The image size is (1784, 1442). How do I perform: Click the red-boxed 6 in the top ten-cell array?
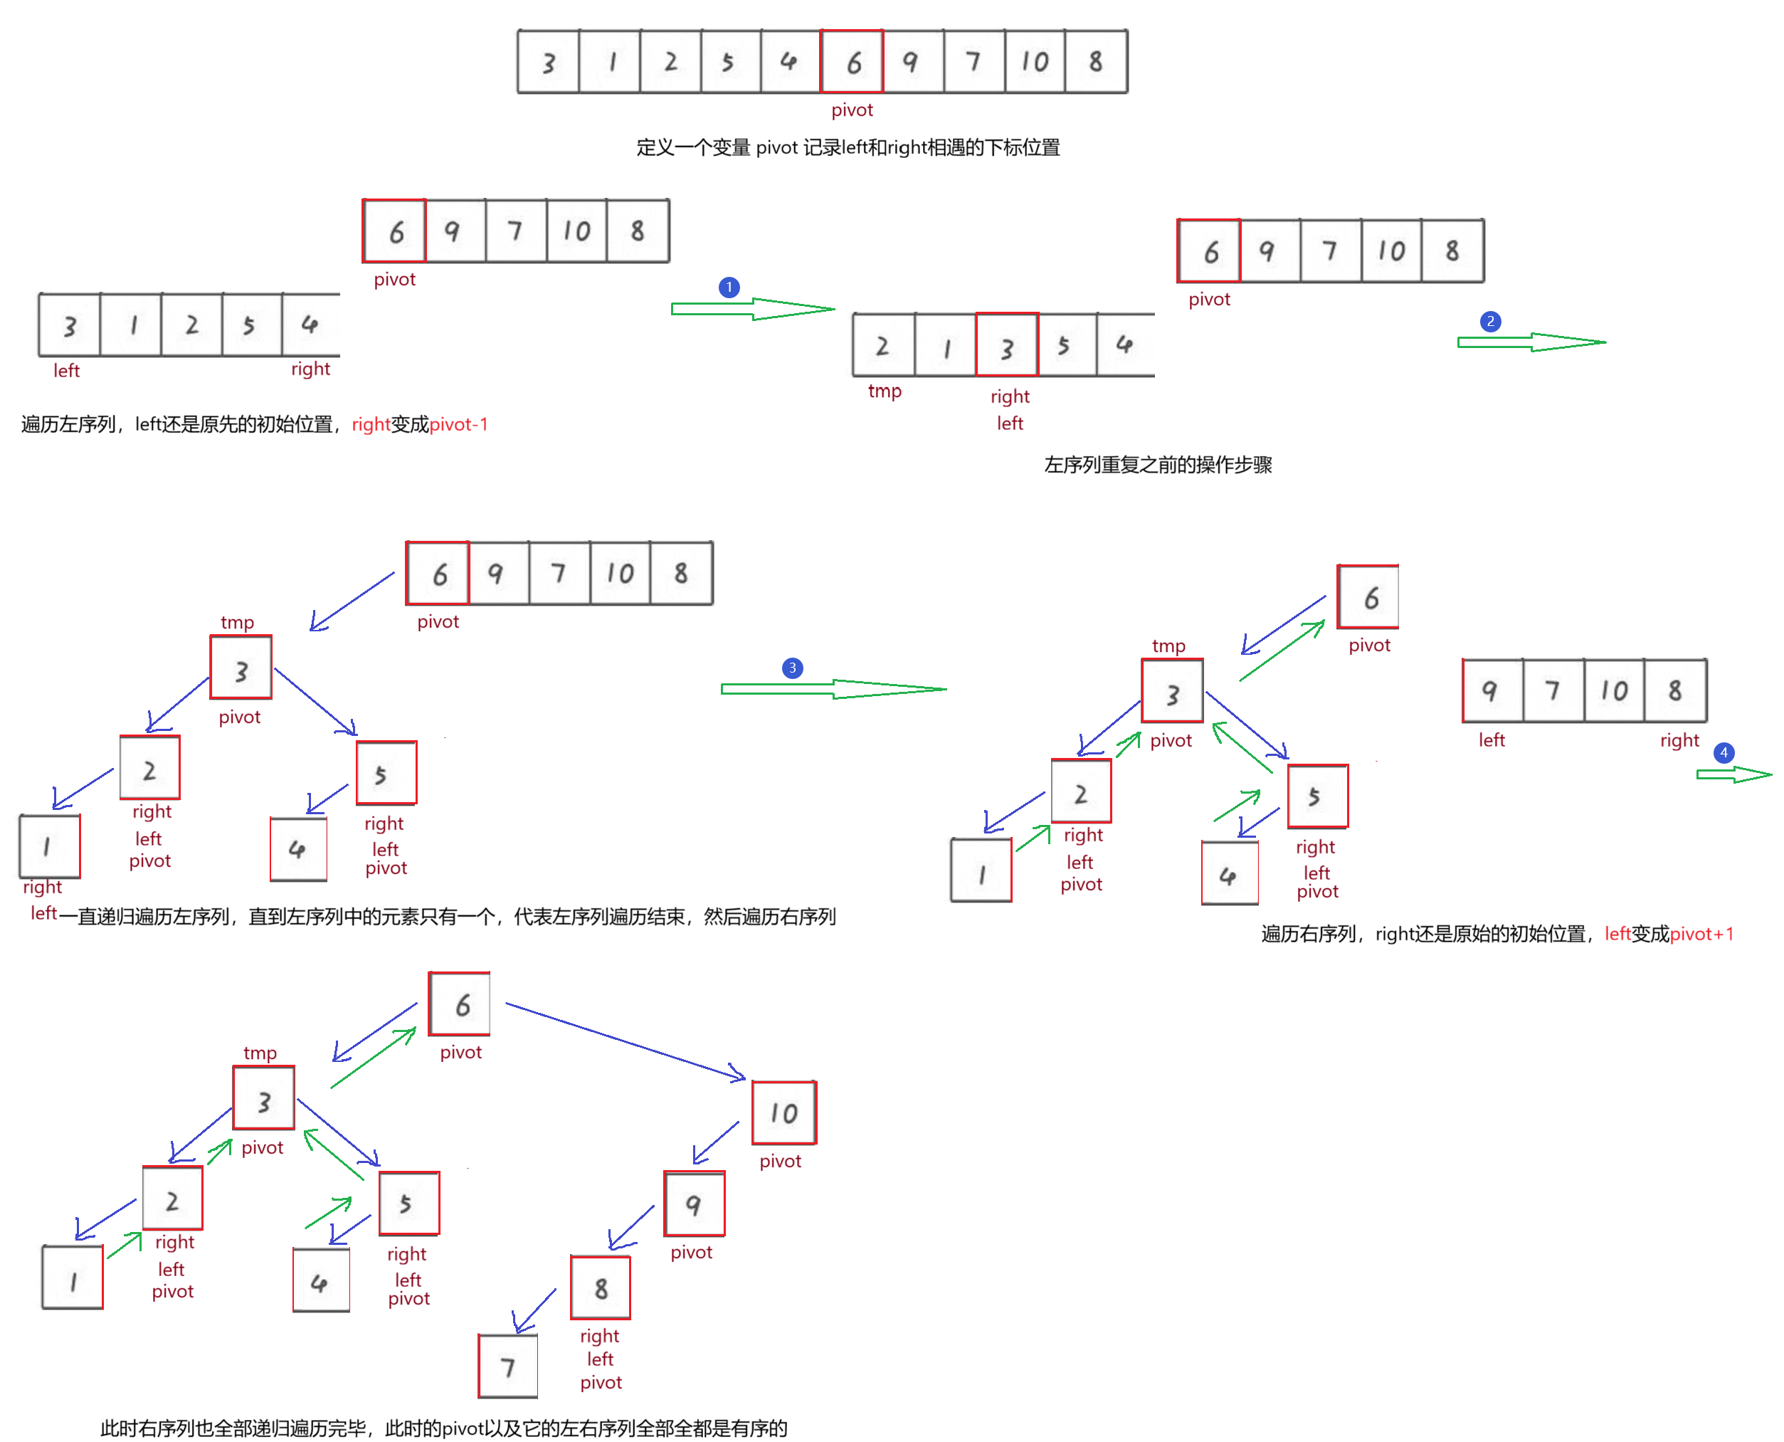tap(851, 61)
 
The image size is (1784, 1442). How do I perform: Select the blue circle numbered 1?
tap(729, 288)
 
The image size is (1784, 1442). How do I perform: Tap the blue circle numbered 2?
tap(1490, 322)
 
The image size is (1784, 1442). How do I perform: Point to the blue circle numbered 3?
tap(792, 668)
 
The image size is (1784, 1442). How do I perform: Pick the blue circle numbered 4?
tap(1724, 752)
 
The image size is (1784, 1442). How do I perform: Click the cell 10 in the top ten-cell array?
tap(1034, 61)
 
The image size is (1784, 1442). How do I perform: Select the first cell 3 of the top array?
tap(548, 61)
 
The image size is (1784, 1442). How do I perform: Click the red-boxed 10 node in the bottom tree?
tap(783, 1112)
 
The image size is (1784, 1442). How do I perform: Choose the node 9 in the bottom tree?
tap(694, 1204)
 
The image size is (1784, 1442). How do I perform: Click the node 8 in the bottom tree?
tap(601, 1288)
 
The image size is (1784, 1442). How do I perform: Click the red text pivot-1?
tap(458, 424)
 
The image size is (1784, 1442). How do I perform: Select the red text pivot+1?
tap(1701, 934)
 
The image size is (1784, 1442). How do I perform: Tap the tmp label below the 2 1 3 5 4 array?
tap(885, 391)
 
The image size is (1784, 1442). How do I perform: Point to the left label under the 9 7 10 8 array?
tap(1492, 740)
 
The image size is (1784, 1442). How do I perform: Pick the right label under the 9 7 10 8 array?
tap(1679, 740)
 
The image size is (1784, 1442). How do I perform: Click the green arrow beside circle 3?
tap(833, 688)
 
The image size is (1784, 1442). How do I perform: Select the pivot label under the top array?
tap(852, 110)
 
